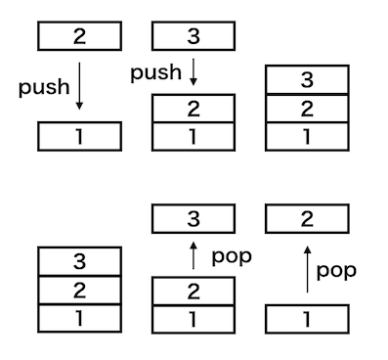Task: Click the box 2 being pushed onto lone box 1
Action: pos(79,36)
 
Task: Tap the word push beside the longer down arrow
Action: pos(44,87)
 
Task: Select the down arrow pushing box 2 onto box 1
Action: pos(79,86)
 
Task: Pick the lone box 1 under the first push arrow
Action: pos(79,136)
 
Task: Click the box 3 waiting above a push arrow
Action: pos(194,36)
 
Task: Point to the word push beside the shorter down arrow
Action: pos(155,73)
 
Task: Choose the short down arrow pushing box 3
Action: pos(194,72)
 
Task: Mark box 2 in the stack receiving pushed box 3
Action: pos(194,109)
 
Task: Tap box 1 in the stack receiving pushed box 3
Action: pos(194,137)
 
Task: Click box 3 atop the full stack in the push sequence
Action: pos(307,79)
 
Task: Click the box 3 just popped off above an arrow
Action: pos(194,218)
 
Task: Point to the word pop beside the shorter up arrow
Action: pos(232,257)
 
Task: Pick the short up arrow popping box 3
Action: pos(194,255)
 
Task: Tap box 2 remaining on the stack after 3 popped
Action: pos(194,292)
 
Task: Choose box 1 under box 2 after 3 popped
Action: pos(194,319)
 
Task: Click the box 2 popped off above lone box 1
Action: pos(307,218)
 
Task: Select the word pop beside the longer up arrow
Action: pos(336,271)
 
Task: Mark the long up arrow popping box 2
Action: pos(307,269)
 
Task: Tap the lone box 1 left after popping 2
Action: pos(307,319)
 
